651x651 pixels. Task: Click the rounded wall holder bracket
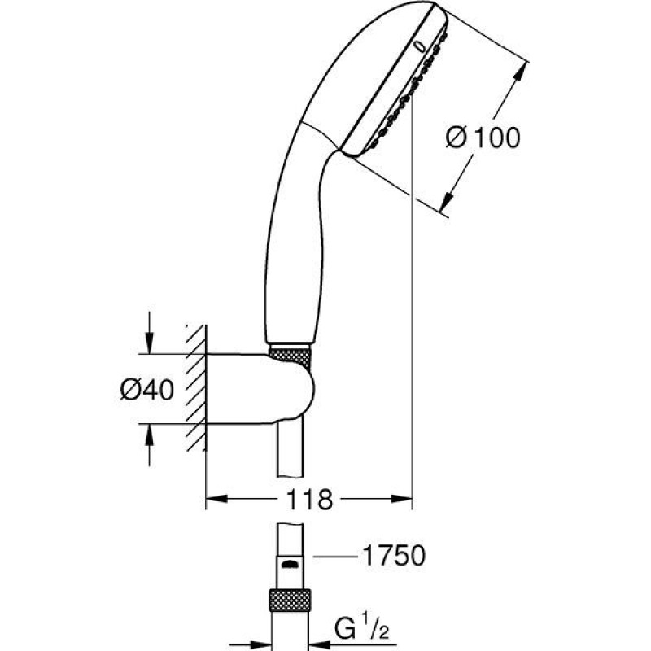[x=269, y=389]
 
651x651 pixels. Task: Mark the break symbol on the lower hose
[x=290, y=563]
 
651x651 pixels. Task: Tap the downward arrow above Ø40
[x=149, y=345]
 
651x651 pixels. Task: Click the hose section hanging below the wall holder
[x=290, y=456]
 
